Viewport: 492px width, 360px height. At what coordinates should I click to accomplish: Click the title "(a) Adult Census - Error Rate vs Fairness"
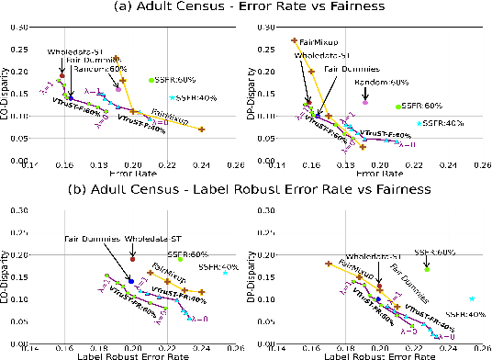click(x=246, y=9)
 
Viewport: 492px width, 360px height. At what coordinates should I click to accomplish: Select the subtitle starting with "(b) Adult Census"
click(x=246, y=190)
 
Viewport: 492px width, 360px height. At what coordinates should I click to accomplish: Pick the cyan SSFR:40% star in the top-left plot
click(x=172, y=97)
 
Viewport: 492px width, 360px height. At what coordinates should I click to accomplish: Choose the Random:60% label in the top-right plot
click(x=382, y=84)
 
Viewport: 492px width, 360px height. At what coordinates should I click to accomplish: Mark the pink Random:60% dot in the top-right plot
click(x=364, y=102)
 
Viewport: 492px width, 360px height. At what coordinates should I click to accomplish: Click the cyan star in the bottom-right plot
click(x=472, y=298)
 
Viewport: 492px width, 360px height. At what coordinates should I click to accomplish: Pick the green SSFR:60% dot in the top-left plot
click(x=151, y=81)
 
